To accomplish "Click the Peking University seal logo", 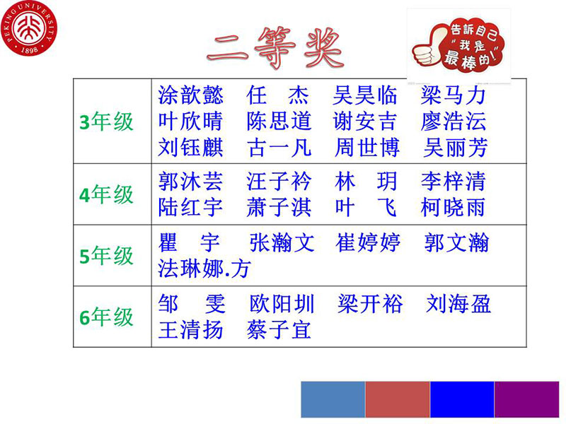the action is [x=29, y=28].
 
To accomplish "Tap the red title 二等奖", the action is [x=275, y=47].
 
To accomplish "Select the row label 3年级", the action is [x=107, y=122].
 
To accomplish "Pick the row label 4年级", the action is [x=107, y=194].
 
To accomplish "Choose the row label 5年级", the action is [x=107, y=256].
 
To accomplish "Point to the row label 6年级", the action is [x=107, y=317].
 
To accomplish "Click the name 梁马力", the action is [x=454, y=95].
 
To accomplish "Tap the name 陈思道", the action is [x=279, y=121].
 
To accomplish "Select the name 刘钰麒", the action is [x=190, y=147].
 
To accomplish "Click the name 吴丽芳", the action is [x=456, y=147].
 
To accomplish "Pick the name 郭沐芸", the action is [x=190, y=181].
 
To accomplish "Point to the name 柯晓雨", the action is [x=454, y=207].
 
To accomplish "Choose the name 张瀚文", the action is [x=282, y=242].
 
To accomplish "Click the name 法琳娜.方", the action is [x=204, y=269].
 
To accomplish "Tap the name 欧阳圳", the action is [x=282, y=304].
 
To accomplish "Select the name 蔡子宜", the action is [x=279, y=329].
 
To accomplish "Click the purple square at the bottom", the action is [x=526, y=399].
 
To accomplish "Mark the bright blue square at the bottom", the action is [x=462, y=399].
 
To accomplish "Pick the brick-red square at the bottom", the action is [x=398, y=399].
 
